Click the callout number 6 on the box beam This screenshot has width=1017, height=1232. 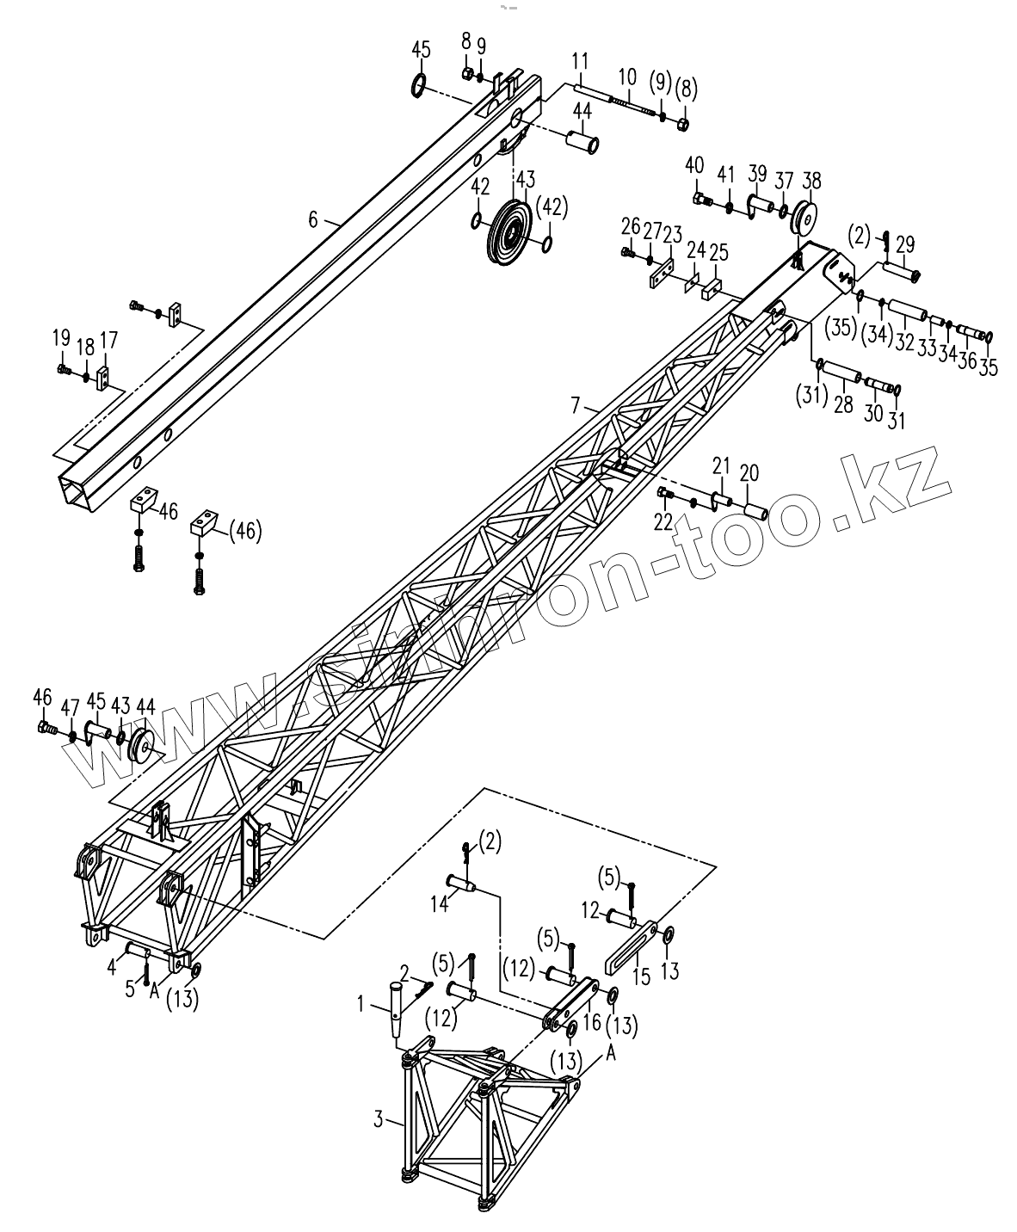313,220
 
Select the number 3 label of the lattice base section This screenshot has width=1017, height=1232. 378,1119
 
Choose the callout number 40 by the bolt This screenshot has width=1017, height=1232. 694,165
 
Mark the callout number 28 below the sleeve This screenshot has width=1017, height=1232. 843,404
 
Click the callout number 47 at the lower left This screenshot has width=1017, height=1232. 70,708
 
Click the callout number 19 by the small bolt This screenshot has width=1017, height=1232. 60,338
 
